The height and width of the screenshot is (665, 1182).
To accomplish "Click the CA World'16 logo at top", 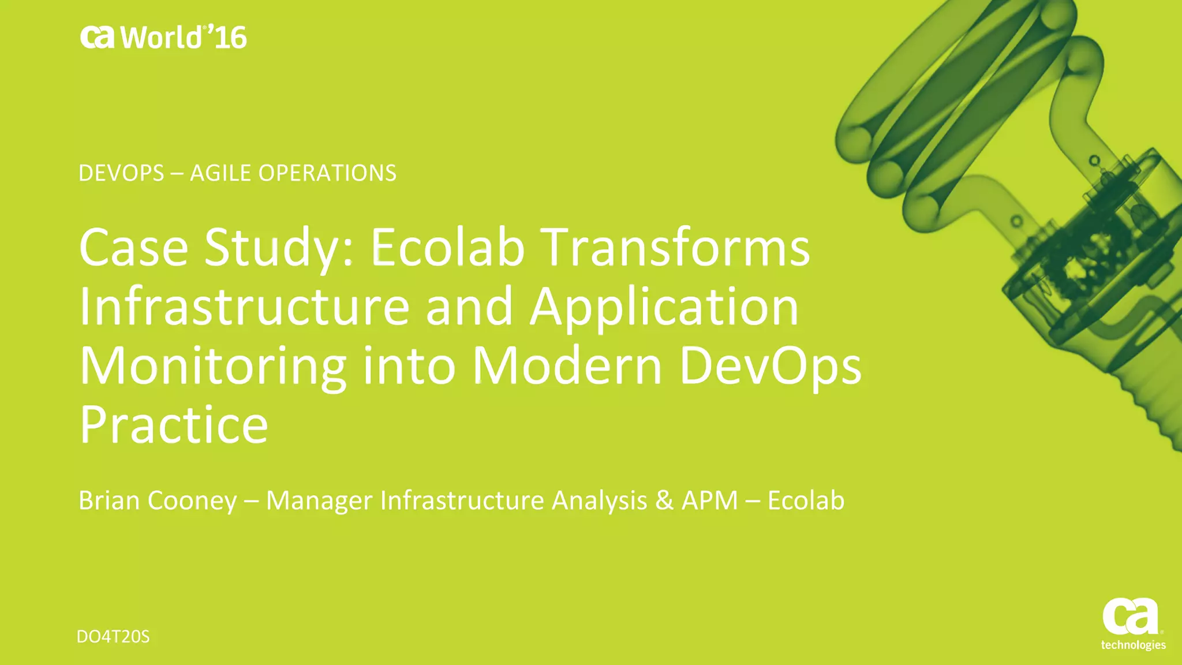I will [x=163, y=38].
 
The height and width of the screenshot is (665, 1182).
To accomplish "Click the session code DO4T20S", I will [x=113, y=637].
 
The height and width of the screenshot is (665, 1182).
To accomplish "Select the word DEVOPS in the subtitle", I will [x=122, y=173].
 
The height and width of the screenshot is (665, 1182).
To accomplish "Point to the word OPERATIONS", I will [x=327, y=173].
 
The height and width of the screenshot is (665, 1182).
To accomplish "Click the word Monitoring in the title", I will [x=213, y=368].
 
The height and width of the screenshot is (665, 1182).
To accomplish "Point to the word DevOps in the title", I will [x=770, y=368].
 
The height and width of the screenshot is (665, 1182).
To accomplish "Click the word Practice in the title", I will [x=174, y=425].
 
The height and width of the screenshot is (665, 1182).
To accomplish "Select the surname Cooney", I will [x=192, y=501].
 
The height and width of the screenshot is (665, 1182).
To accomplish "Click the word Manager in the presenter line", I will [x=319, y=501].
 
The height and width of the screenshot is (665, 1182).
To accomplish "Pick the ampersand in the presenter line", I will [x=664, y=500].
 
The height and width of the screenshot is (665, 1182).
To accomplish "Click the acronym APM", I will [x=710, y=500].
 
